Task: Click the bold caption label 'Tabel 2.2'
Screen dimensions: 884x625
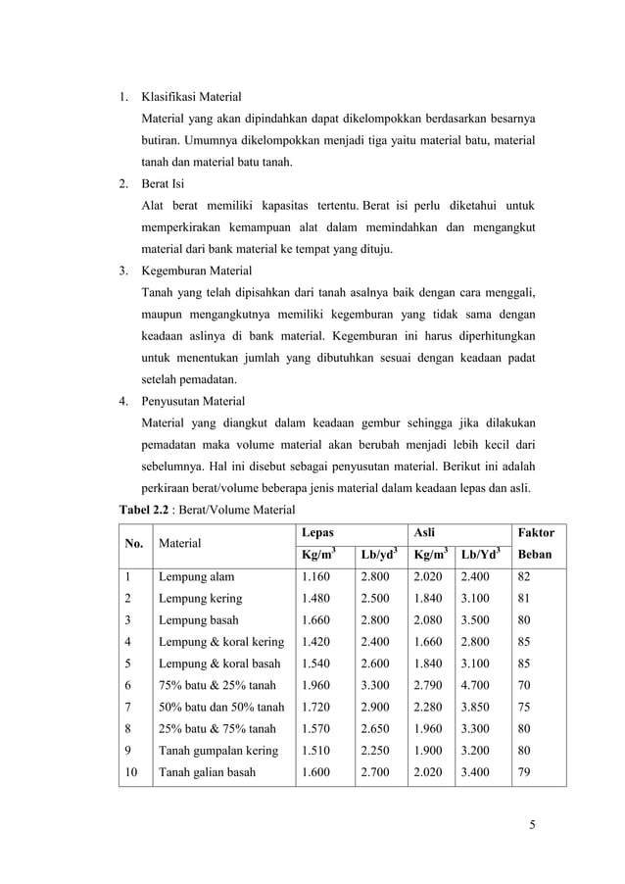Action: pyautogui.click(x=143, y=509)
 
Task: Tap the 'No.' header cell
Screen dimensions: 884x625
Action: pyautogui.click(x=131, y=542)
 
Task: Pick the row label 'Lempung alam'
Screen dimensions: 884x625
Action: pyautogui.click(x=196, y=577)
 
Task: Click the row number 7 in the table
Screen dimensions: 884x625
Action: pyautogui.click(x=127, y=707)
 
